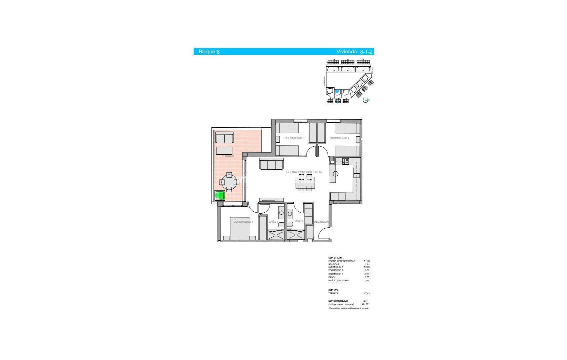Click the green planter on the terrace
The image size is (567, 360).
pyautogui.click(x=220, y=195)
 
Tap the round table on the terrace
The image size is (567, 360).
pyautogui.click(x=229, y=182)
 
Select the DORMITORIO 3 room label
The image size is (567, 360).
pyautogui.click(x=294, y=138)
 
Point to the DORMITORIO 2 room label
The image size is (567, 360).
pyautogui.click(x=340, y=138)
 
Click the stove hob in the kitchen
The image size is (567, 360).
pyautogui.click(x=346, y=161)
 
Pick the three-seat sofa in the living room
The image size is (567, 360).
pyautogui.click(x=271, y=164)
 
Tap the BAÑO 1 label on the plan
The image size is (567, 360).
pyautogui.click(x=273, y=222)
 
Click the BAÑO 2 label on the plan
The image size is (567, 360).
pyautogui.click(x=298, y=221)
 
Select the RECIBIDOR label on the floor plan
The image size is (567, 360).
pyautogui.click(x=321, y=222)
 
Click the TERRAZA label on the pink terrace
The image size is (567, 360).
pyautogui.click(x=228, y=156)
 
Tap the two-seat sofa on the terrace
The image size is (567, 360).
pyautogui.click(x=224, y=138)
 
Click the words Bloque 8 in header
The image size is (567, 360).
pyautogui.click(x=209, y=52)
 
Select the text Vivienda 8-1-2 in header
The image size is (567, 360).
pyautogui.click(x=354, y=52)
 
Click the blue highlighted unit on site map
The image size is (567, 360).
pyautogui.click(x=337, y=91)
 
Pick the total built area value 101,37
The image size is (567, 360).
pyautogui.click(x=365, y=304)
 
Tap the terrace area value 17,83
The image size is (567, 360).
pyautogui.click(x=367, y=293)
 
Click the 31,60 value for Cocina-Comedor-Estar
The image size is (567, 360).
pyautogui.click(x=367, y=261)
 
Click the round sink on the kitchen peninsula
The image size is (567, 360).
pyautogui.click(x=336, y=174)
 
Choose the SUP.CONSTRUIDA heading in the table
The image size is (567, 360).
pyautogui.click(x=338, y=301)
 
